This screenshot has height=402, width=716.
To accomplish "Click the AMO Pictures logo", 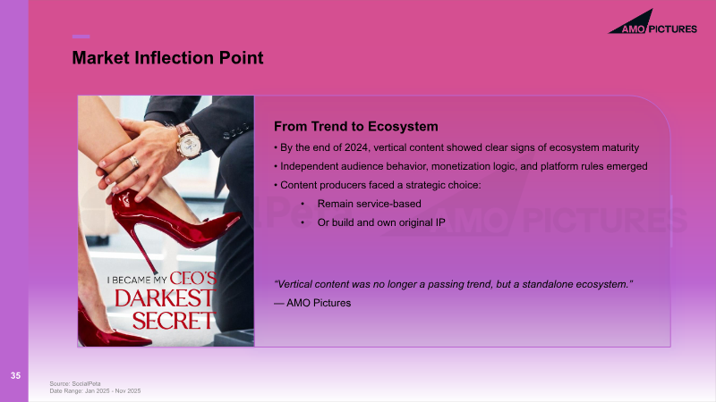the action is point(652,23).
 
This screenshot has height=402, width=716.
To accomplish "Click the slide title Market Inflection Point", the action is point(167,58).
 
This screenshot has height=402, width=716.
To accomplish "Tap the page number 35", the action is point(15,375).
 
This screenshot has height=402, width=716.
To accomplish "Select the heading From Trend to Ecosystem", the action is point(355,126).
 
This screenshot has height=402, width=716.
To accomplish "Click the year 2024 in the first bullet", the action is point(356,147).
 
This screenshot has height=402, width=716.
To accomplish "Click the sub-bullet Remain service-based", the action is point(369,204).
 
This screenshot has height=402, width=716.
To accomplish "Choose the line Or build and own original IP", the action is point(381,222).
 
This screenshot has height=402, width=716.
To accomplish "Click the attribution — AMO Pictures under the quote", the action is point(312,303).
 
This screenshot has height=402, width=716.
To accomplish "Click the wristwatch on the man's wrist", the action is point(189,142).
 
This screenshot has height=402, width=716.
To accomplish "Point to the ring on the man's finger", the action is point(133,162).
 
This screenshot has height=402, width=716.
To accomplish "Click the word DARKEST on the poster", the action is point(164,298).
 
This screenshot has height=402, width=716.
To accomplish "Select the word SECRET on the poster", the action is point(173,321).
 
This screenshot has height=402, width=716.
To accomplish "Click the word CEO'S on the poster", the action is point(193,278).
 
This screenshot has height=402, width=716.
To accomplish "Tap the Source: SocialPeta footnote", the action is point(75,384).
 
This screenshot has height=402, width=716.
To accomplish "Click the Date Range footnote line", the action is point(95,391).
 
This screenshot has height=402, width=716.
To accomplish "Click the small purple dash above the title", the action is point(81,37).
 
